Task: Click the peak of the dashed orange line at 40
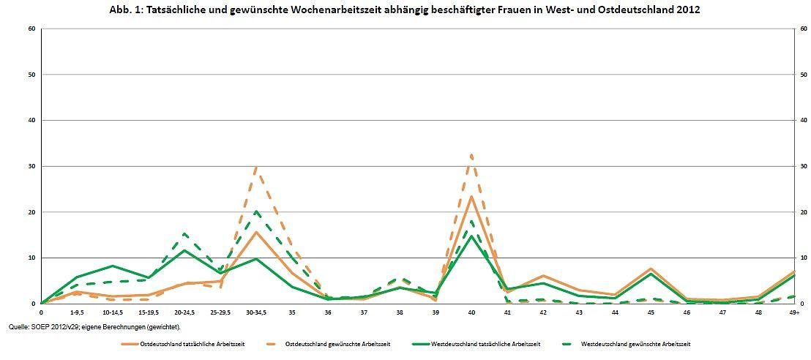pos(471,154)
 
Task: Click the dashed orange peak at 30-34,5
pos(256,167)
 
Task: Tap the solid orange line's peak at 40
pos(471,197)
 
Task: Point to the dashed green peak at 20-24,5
pos(184,233)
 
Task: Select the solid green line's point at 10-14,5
pos(113,266)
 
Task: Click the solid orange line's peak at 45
pos(651,269)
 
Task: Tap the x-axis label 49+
pos(794,312)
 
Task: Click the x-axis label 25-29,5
pos(220,312)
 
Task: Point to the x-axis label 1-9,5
pos(77,312)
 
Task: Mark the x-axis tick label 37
pos(364,312)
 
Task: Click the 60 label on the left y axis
pos(31,29)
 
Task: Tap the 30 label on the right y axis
pos(803,166)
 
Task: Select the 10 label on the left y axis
pos(31,258)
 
